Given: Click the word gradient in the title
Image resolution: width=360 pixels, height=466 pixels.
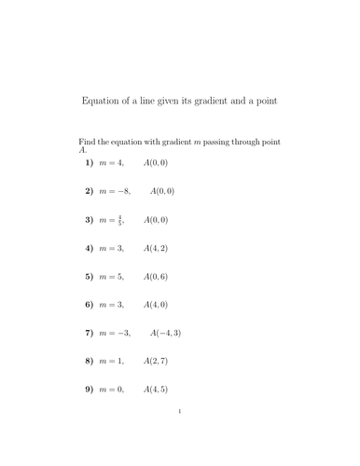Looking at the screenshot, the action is (206, 100).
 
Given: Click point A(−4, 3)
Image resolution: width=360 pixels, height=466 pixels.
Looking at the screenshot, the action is (162, 333).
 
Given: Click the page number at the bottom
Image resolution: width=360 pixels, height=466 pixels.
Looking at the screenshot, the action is (180, 437).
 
